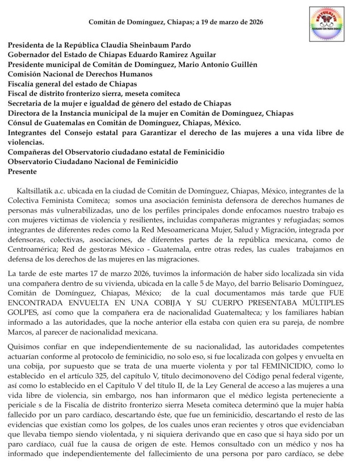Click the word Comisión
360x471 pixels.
25,74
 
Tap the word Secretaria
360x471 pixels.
27,103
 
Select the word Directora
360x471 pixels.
25,113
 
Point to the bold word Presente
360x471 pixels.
22,172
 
